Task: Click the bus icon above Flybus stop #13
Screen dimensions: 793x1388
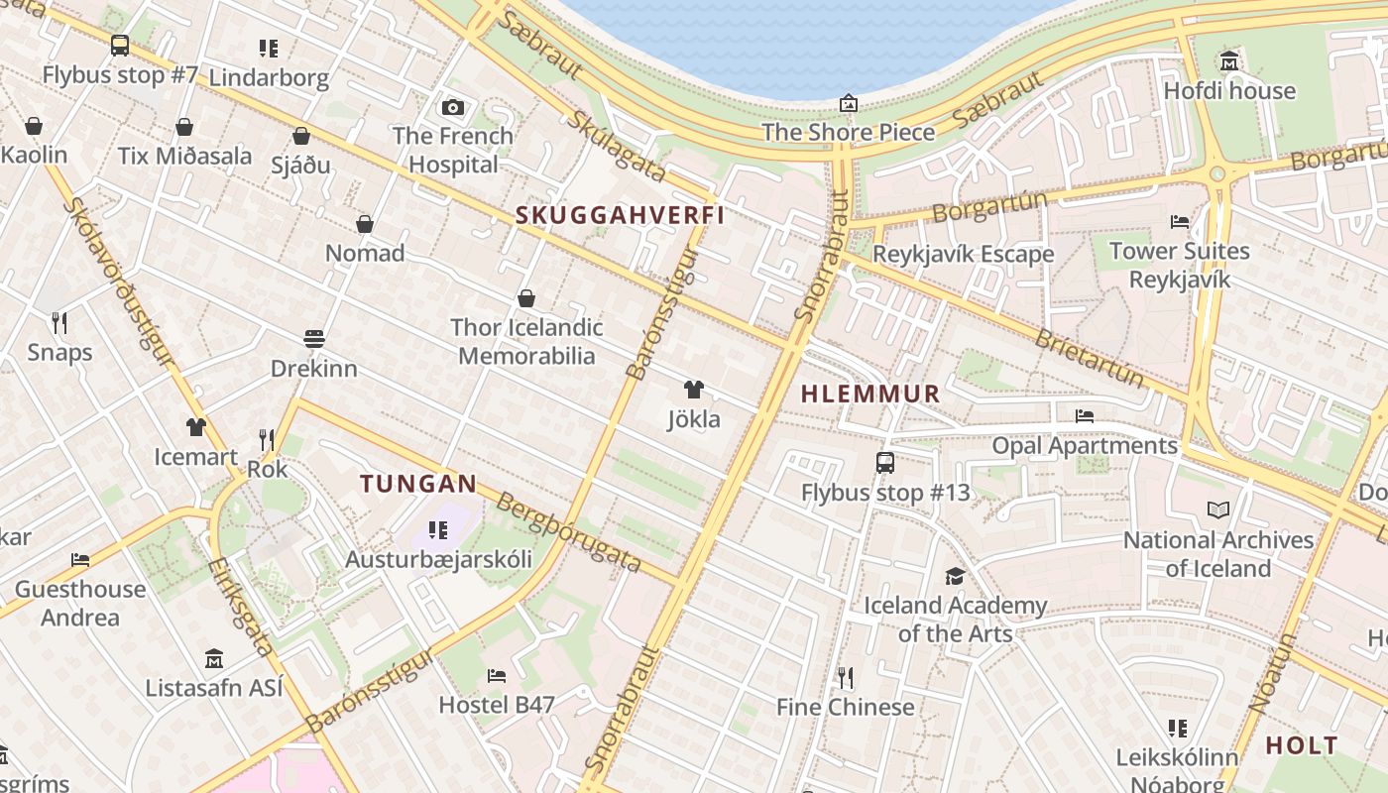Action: (x=885, y=462)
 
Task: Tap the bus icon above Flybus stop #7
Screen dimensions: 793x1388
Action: (x=120, y=45)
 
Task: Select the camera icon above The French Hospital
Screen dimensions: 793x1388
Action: (x=453, y=107)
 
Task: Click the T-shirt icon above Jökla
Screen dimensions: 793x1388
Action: (x=694, y=390)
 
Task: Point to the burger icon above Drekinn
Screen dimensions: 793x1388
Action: (x=314, y=339)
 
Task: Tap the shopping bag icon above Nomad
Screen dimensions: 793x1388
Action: (x=365, y=224)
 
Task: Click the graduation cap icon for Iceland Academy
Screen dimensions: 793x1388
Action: (x=955, y=576)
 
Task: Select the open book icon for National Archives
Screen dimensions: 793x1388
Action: (x=1218, y=510)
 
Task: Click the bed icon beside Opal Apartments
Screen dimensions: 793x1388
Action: (x=1085, y=416)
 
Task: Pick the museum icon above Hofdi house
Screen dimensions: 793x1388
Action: (x=1229, y=61)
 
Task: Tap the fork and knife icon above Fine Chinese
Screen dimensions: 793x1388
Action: (x=845, y=678)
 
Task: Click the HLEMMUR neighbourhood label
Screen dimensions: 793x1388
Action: (x=869, y=394)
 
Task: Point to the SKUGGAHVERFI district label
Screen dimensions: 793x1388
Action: (x=620, y=215)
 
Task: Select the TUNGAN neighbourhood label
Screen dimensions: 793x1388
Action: (x=418, y=484)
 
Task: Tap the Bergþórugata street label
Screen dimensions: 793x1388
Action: (x=568, y=531)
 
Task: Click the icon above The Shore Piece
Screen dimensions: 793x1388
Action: (x=849, y=103)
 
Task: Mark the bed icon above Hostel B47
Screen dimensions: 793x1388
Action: (x=497, y=676)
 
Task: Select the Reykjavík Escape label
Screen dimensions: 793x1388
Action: (x=963, y=254)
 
